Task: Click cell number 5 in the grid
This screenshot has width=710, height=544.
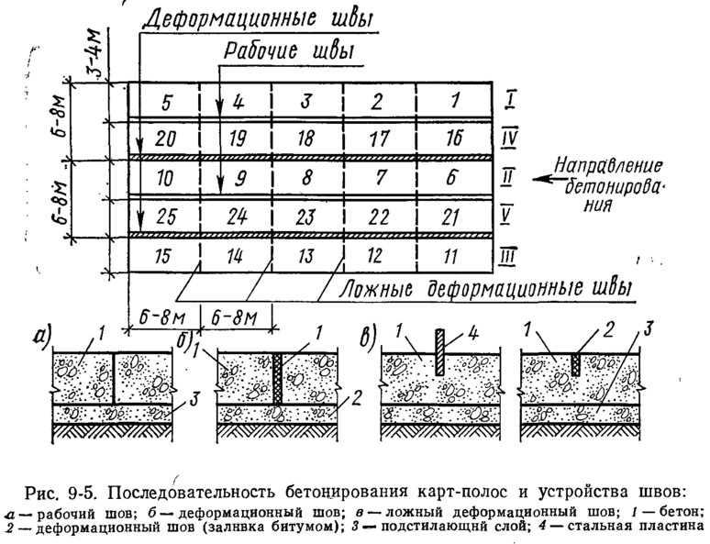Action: [167, 103]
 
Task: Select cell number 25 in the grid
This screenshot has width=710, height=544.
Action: [166, 217]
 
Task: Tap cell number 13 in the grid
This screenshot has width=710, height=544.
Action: [305, 256]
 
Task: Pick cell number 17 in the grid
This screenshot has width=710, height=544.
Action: [378, 139]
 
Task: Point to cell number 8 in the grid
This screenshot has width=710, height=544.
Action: [307, 177]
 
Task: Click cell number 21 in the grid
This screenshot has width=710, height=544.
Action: [451, 217]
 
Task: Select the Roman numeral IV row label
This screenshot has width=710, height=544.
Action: [509, 139]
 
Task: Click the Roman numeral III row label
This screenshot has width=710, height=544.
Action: [508, 257]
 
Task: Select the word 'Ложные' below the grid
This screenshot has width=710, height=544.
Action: [375, 288]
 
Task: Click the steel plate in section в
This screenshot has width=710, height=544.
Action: [439, 352]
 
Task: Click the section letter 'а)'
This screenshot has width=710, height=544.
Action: [43, 336]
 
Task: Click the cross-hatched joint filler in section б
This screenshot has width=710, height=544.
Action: [277, 379]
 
